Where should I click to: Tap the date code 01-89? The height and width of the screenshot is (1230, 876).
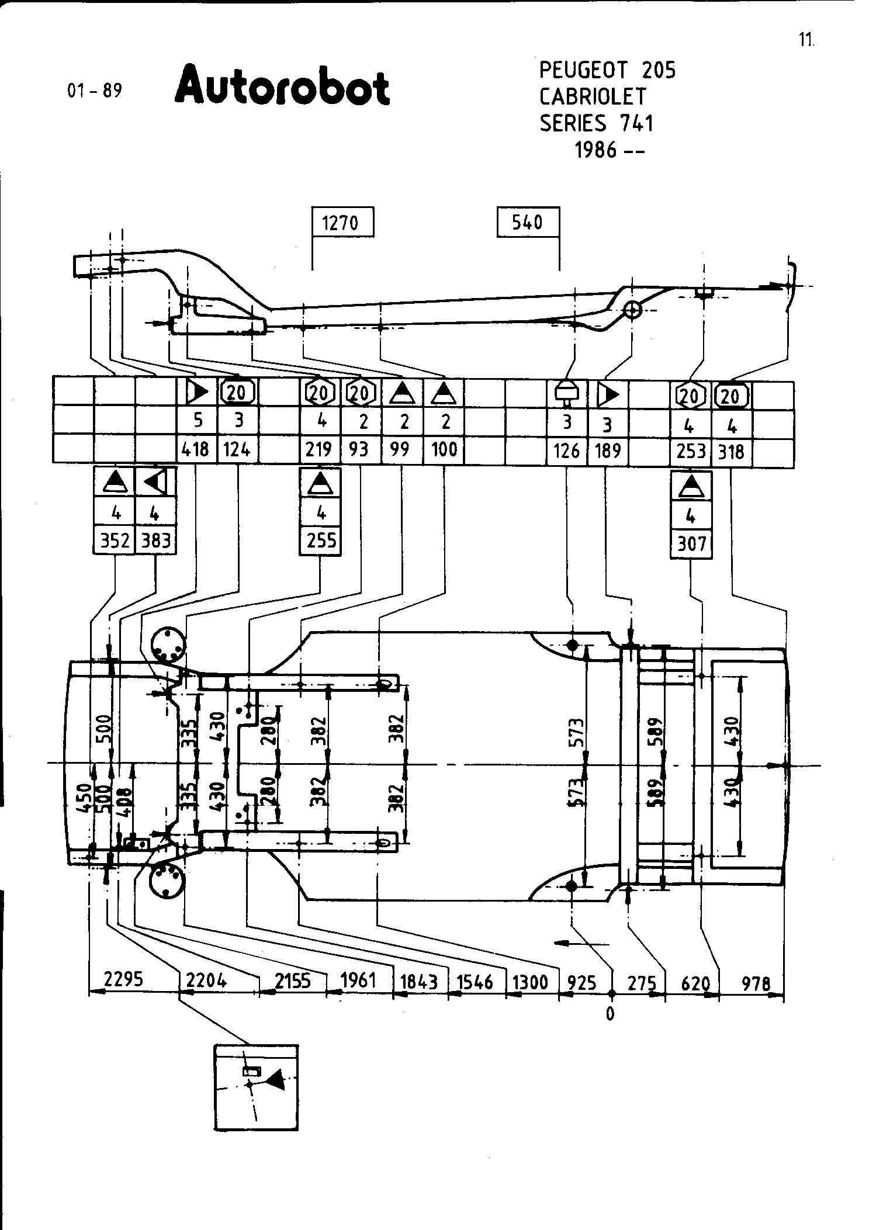click(95, 91)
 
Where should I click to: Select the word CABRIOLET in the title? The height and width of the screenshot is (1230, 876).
click(593, 96)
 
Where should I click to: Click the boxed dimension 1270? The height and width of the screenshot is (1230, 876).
click(342, 222)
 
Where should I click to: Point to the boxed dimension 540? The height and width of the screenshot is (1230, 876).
click(528, 222)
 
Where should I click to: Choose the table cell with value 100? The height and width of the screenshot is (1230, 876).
click(444, 449)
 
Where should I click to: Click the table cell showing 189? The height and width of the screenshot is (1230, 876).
click(608, 451)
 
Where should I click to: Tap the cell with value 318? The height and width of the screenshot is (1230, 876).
click(732, 452)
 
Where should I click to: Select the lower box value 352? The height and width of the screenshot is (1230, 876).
click(115, 541)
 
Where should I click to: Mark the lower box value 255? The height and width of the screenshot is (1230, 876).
click(321, 540)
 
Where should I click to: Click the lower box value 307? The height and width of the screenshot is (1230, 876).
click(691, 544)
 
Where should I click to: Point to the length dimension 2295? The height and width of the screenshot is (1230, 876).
click(123, 979)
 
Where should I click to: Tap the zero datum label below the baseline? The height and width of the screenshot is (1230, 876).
click(610, 1014)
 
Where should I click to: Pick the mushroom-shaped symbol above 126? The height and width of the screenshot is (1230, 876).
click(566, 394)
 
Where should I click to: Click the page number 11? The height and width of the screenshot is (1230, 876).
click(806, 40)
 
